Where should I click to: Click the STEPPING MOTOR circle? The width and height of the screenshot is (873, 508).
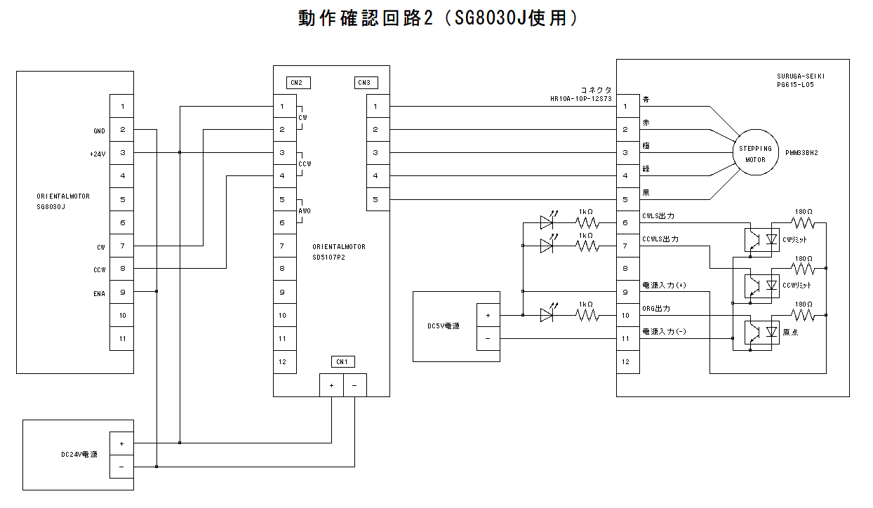tap(755, 154)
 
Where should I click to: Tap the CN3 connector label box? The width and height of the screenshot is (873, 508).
tap(365, 83)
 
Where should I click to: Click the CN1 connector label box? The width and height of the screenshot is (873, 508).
tap(342, 362)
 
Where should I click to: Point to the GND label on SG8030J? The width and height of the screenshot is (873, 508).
tap(98, 131)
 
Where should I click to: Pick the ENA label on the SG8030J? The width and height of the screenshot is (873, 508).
tap(99, 293)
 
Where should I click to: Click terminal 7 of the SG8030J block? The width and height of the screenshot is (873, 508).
tap(122, 246)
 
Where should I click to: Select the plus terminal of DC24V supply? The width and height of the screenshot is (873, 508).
tap(122, 443)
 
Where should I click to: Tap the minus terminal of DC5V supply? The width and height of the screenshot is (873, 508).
tap(488, 338)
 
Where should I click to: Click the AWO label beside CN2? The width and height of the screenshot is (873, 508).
tap(305, 210)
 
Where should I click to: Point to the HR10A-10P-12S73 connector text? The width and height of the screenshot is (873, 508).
tap(581, 99)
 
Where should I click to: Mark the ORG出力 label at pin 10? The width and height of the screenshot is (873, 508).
tap(656, 308)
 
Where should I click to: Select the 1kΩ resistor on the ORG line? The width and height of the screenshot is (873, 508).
tap(587, 316)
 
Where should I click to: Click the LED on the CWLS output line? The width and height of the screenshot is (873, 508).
tap(547, 223)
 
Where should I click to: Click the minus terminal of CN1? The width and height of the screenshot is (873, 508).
tap(354, 385)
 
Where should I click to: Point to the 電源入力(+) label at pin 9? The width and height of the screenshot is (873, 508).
tap(664, 285)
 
